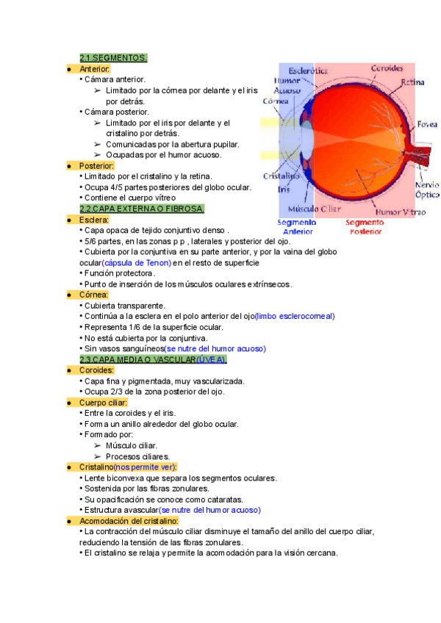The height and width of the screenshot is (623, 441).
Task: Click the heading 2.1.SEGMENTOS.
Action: (113, 58)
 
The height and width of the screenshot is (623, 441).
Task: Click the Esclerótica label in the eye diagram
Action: (308, 71)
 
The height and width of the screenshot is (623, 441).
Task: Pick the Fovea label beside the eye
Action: (428, 124)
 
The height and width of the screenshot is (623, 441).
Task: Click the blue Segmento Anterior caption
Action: (297, 226)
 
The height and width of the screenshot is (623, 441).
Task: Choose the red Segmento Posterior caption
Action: (365, 226)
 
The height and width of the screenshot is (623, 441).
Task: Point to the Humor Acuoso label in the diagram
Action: (287, 86)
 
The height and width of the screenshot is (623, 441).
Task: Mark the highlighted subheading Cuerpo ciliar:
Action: (103, 403)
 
